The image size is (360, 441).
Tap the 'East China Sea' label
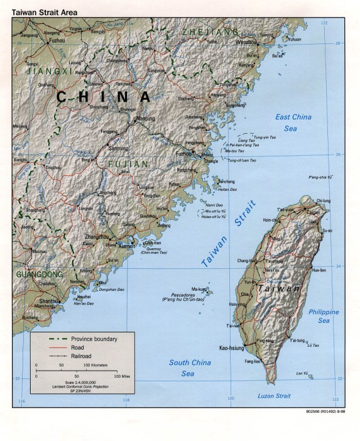pyautogui.click(x=293, y=122)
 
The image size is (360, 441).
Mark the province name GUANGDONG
pyautogui.click(x=39, y=275)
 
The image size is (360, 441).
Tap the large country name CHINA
pyautogui.click(x=104, y=97)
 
